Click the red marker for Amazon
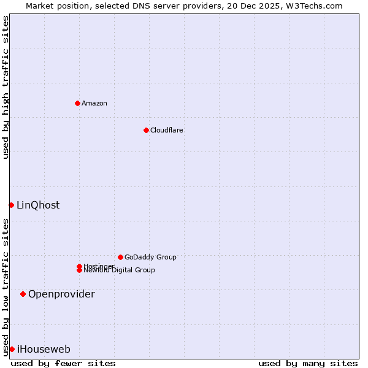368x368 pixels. pyautogui.click(x=77, y=103)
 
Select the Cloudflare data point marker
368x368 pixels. pyautogui.click(x=146, y=130)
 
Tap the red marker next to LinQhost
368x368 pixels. pyautogui.click(x=11, y=205)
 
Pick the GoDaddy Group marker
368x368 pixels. pyautogui.click(x=120, y=257)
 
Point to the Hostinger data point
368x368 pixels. pyautogui.click(x=79, y=266)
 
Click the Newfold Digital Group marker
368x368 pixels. pyautogui.click(x=80, y=270)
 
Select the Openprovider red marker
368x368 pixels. pyautogui.click(x=23, y=294)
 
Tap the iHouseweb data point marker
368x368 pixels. pyautogui.click(x=12, y=349)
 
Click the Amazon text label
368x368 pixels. pyautogui.click(x=94, y=103)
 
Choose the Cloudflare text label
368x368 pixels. pyautogui.click(x=167, y=130)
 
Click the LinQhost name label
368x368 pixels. pyautogui.click(x=38, y=205)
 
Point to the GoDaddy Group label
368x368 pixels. pyautogui.click(x=150, y=257)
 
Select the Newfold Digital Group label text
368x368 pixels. pyautogui.click(x=120, y=270)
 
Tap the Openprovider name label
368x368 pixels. pyautogui.click(x=61, y=294)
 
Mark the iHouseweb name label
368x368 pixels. pyautogui.click(x=44, y=349)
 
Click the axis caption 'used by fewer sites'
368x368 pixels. pyautogui.click(x=63, y=363)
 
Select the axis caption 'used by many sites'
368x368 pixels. pyautogui.click(x=308, y=363)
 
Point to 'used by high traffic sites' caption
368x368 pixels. pyautogui.click(x=6, y=87)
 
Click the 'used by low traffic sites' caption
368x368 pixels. pyautogui.click(x=6, y=287)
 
